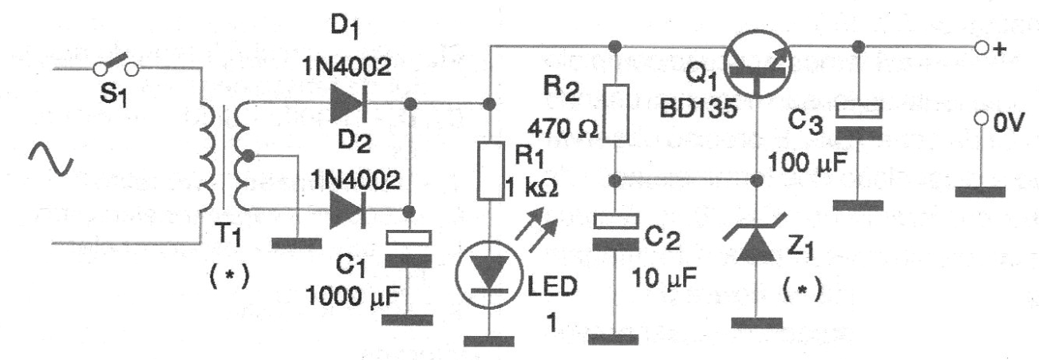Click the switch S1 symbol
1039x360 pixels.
[x=116, y=66]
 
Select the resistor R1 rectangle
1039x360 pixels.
[x=490, y=172]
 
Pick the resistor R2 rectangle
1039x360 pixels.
[x=615, y=113]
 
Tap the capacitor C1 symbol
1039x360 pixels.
[x=409, y=249]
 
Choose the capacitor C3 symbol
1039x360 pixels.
[x=858, y=121]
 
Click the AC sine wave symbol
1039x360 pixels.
[x=50, y=159]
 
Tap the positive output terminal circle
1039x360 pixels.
[x=981, y=48]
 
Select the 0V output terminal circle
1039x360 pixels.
[x=981, y=119]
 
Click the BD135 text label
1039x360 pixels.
[x=698, y=109]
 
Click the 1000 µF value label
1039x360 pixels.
[x=353, y=295]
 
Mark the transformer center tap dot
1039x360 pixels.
[x=249, y=156]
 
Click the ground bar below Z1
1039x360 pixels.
[x=757, y=323]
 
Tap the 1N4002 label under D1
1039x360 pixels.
[x=347, y=67]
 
